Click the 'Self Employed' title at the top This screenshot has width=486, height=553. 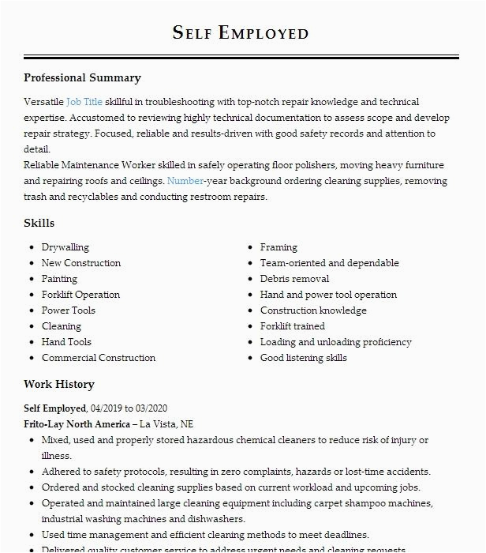click(241, 32)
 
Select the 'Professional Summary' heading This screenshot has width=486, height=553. click(82, 77)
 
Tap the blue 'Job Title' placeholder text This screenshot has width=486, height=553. click(84, 102)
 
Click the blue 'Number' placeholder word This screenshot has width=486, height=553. click(185, 181)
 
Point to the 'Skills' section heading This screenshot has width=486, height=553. click(39, 224)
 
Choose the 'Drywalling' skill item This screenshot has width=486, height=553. click(65, 247)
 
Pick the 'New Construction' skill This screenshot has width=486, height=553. click(81, 263)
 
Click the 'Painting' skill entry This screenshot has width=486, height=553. click(59, 279)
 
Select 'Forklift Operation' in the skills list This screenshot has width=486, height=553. click(80, 295)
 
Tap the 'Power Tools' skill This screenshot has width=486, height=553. click(68, 310)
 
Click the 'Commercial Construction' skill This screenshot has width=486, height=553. click(99, 358)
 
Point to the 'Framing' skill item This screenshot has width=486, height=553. click(279, 247)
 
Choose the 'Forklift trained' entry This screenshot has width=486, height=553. click(292, 326)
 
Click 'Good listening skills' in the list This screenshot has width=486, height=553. click(304, 358)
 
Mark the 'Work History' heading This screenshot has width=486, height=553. click(59, 384)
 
